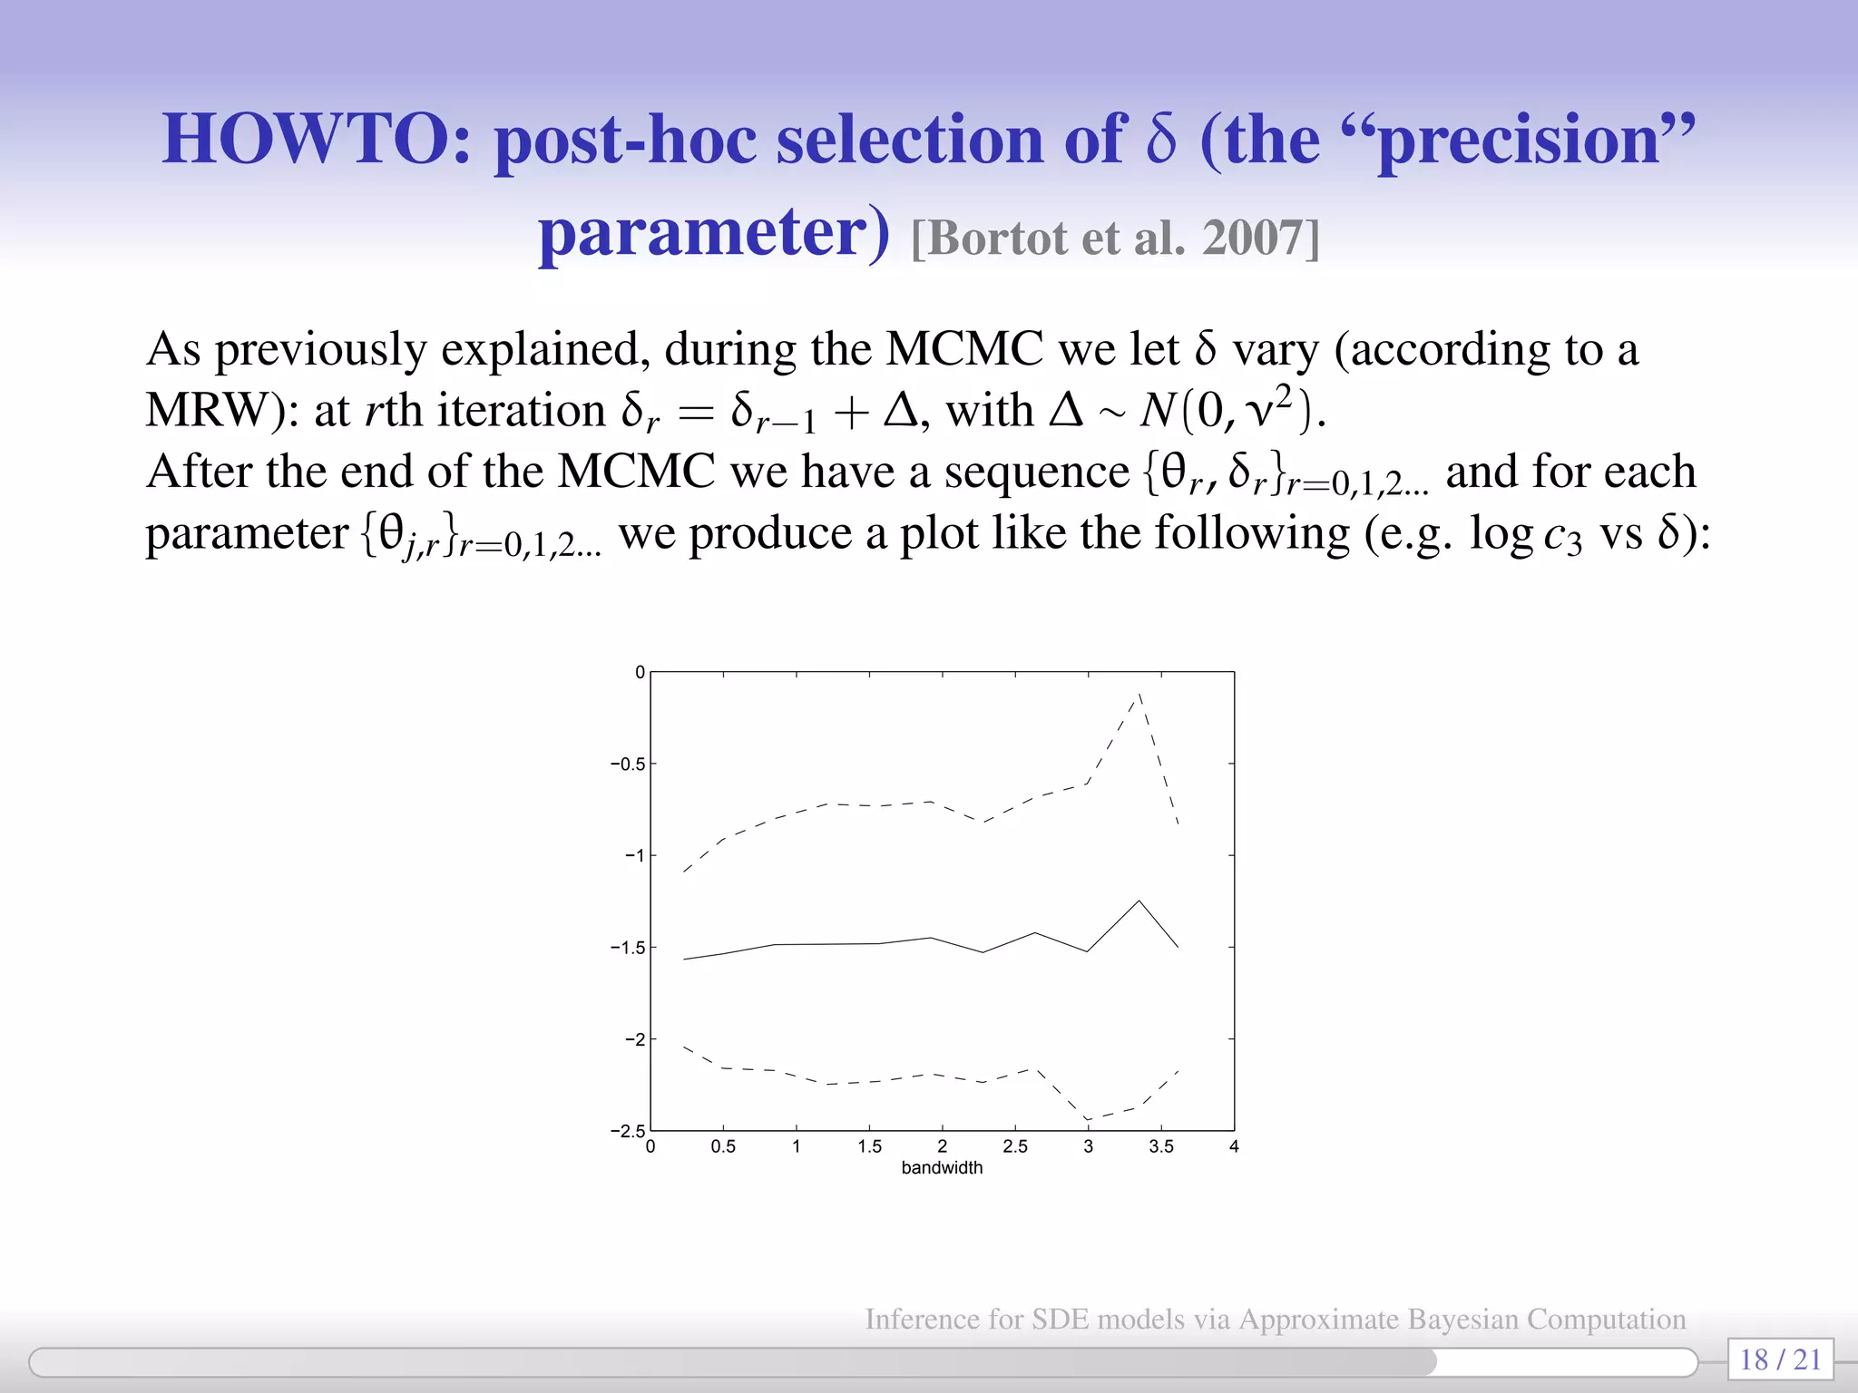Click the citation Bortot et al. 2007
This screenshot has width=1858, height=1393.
click(x=1116, y=239)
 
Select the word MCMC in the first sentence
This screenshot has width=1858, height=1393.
click(x=964, y=349)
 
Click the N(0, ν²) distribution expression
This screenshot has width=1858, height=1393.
click(x=1231, y=410)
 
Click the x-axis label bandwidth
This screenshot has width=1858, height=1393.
click(x=942, y=1168)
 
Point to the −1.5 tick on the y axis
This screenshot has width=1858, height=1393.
click(x=628, y=948)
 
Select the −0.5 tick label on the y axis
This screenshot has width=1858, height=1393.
click(x=628, y=765)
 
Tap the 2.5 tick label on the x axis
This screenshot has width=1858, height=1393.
click(x=1015, y=1147)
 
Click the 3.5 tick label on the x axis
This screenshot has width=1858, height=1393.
click(x=1161, y=1147)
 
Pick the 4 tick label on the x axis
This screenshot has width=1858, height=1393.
click(x=1234, y=1147)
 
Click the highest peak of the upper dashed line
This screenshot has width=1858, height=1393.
click(x=1139, y=694)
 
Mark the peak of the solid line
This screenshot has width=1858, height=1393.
click(x=1139, y=901)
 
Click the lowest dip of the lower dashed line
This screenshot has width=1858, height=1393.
click(x=1088, y=1121)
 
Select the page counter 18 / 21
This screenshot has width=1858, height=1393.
click(x=1780, y=1359)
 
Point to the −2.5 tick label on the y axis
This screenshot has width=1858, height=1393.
click(x=628, y=1132)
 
